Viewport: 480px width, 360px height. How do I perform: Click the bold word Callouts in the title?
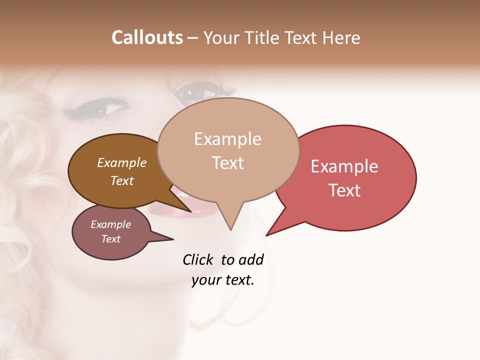[x=147, y=37]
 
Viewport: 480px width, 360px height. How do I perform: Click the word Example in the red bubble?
[x=344, y=166]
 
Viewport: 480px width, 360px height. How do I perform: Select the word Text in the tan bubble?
[x=228, y=163]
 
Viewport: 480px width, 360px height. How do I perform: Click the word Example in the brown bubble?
[x=122, y=162]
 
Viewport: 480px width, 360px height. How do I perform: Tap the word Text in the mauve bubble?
[x=111, y=239]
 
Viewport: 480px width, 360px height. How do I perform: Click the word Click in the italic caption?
[x=197, y=259]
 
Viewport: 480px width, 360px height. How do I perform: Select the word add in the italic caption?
[x=251, y=259]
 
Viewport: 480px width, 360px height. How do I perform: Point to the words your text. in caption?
[x=223, y=280]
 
